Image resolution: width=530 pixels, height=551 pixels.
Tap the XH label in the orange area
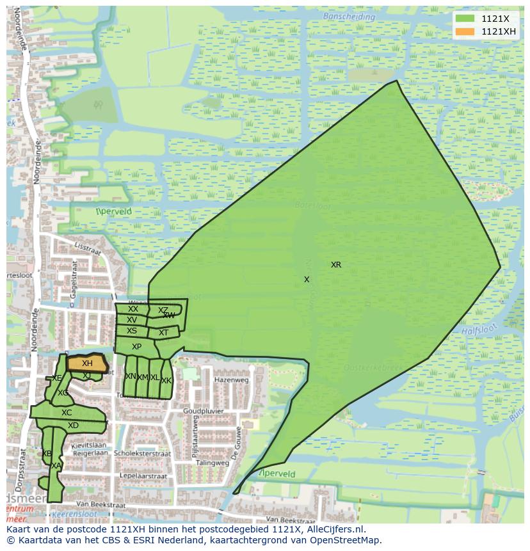pos(87,363)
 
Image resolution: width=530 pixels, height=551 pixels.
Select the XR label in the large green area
pos(336,265)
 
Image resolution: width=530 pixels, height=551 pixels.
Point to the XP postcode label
pos(136,347)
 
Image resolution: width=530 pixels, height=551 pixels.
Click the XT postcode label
pos(163,333)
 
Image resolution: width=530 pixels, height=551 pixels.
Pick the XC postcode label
pos(67,413)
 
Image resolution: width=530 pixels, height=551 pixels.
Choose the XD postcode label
pos(73,426)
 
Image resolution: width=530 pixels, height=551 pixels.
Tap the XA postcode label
pos(56,466)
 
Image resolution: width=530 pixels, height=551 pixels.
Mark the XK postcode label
pos(166,381)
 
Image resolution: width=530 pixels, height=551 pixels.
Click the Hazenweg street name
pos(231,380)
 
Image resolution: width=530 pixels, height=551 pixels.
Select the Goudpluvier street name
pos(202,411)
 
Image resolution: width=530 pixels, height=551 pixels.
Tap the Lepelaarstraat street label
pos(143,476)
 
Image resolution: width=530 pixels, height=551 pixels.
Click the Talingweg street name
pos(213,463)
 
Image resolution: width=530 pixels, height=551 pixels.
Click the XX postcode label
pos(132,309)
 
